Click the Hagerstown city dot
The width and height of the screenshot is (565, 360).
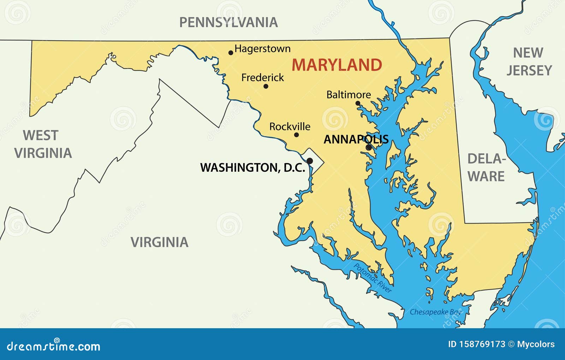[x=231, y=53]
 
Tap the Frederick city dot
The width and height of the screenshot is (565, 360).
[x=266, y=86]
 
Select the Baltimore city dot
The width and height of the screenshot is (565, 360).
[x=358, y=103]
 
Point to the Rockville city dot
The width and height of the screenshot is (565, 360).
[x=296, y=135]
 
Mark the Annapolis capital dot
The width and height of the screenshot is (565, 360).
[x=369, y=147]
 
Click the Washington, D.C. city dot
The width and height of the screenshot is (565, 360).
[x=310, y=161]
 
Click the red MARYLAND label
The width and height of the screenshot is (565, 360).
[x=337, y=65]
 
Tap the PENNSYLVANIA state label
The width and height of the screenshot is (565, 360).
[x=228, y=23]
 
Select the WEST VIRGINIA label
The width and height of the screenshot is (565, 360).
[x=43, y=144]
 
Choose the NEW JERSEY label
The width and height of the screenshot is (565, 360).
[x=529, y=61]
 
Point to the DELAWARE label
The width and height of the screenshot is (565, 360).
[x=486, y=167]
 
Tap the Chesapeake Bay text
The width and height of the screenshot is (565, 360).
[x=435, y=312]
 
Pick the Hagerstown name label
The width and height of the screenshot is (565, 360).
[x=262, y=48]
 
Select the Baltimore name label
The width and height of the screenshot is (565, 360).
[x=349, y=95]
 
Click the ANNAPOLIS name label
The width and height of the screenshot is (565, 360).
[x=356, y=139]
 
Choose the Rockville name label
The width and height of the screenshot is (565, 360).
[x=290, y=126]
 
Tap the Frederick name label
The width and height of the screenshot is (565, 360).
[x=262, y=77]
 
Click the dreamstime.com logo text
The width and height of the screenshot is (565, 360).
[x=53, y=346]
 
